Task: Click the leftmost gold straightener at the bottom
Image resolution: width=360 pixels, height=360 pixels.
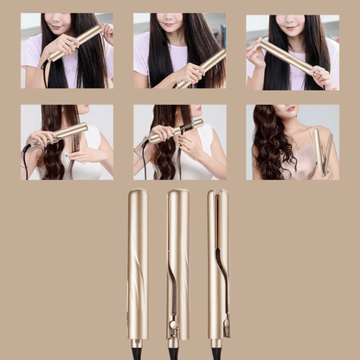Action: point(138,260)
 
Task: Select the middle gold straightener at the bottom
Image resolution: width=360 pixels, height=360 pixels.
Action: point(177,260)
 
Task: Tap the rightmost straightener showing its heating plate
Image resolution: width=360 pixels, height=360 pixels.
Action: point(217,260)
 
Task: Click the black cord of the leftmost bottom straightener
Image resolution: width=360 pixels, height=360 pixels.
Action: point(138,351)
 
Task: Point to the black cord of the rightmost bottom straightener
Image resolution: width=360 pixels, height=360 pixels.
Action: point(216,351)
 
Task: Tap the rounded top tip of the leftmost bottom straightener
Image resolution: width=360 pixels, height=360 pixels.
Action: point(138,194)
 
